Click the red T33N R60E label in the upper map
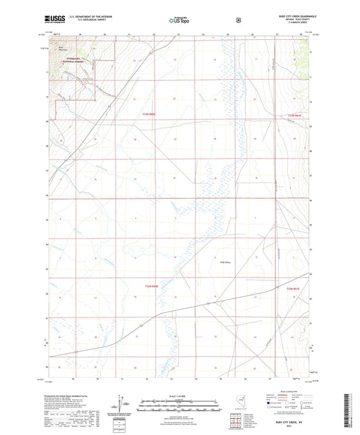click(149, 115)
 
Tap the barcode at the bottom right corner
click(353, 413)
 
